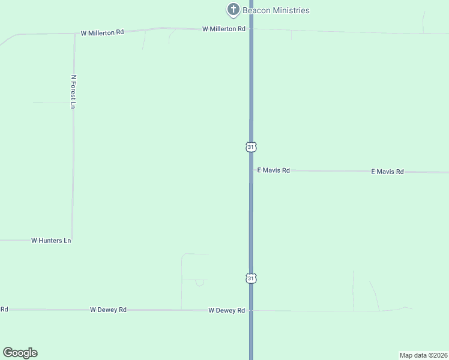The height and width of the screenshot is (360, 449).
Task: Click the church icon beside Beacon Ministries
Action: (233, 10)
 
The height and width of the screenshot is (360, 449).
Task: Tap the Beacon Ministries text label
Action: (276, 10)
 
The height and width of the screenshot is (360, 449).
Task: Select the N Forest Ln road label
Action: (74, 92)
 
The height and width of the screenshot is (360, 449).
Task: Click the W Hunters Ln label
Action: (51, 241)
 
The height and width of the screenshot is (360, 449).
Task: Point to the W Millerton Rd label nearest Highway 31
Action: (224, 29)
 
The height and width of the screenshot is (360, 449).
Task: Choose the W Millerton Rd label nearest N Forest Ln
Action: (103, 32)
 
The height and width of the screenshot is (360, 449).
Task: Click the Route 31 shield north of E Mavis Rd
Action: (251, 147)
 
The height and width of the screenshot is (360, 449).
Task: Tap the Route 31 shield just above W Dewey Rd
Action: (251, 278)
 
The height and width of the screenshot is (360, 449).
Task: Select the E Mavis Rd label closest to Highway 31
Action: (273, 170)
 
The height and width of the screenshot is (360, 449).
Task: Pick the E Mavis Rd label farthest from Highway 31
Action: (387, 172)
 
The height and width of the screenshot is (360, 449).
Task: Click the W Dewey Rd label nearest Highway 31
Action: (226, 310)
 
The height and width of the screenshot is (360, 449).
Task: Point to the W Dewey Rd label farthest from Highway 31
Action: (108, 310)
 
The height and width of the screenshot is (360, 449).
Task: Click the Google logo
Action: (20, 353)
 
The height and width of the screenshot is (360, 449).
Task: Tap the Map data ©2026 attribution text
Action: (424, 355)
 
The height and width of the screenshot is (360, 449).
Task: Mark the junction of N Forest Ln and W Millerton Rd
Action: (74, 34)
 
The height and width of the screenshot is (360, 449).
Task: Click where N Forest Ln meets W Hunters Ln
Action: (72, 240)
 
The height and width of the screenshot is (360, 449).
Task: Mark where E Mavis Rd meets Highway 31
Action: (251, 170)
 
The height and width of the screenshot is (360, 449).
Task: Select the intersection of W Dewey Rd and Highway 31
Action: (251, 310)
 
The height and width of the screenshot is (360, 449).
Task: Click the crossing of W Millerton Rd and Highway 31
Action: (251, 28)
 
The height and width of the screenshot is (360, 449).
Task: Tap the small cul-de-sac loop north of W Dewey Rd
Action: (200, 282)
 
